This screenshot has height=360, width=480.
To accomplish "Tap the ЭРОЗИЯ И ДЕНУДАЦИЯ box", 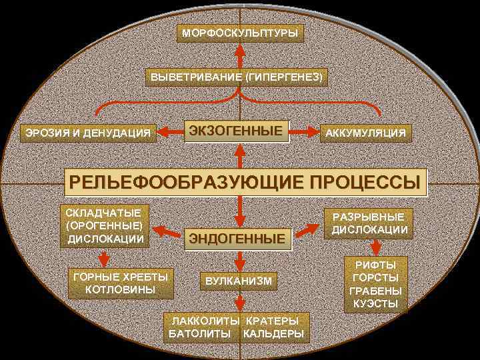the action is pyautogui.click(x=88, y=133).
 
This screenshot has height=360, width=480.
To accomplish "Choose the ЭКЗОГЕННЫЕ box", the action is pyautogui.click(x=237, y=130).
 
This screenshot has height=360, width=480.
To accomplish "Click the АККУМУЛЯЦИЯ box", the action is pyautogui.click(x=365, y=133).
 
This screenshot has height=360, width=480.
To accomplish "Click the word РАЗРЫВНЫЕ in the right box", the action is pyautogui.click(x=369, y=217).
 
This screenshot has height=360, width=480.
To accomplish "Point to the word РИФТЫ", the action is pyautogui.click(x=375, y=265).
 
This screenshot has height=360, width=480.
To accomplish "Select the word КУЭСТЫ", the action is pyautogui.click(x=375, y=304).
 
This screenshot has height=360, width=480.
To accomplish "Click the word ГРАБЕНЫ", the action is pyautogui.click(x=375, y=291).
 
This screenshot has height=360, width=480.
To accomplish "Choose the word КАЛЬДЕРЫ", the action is pyautogui.click(x=273, y=333).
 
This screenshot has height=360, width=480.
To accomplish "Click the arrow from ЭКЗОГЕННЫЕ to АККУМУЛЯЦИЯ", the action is pyautogui.click(x=306, y=131).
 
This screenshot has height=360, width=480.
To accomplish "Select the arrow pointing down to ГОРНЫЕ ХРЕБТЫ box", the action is pyautogui.click(x=103, y=257).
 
